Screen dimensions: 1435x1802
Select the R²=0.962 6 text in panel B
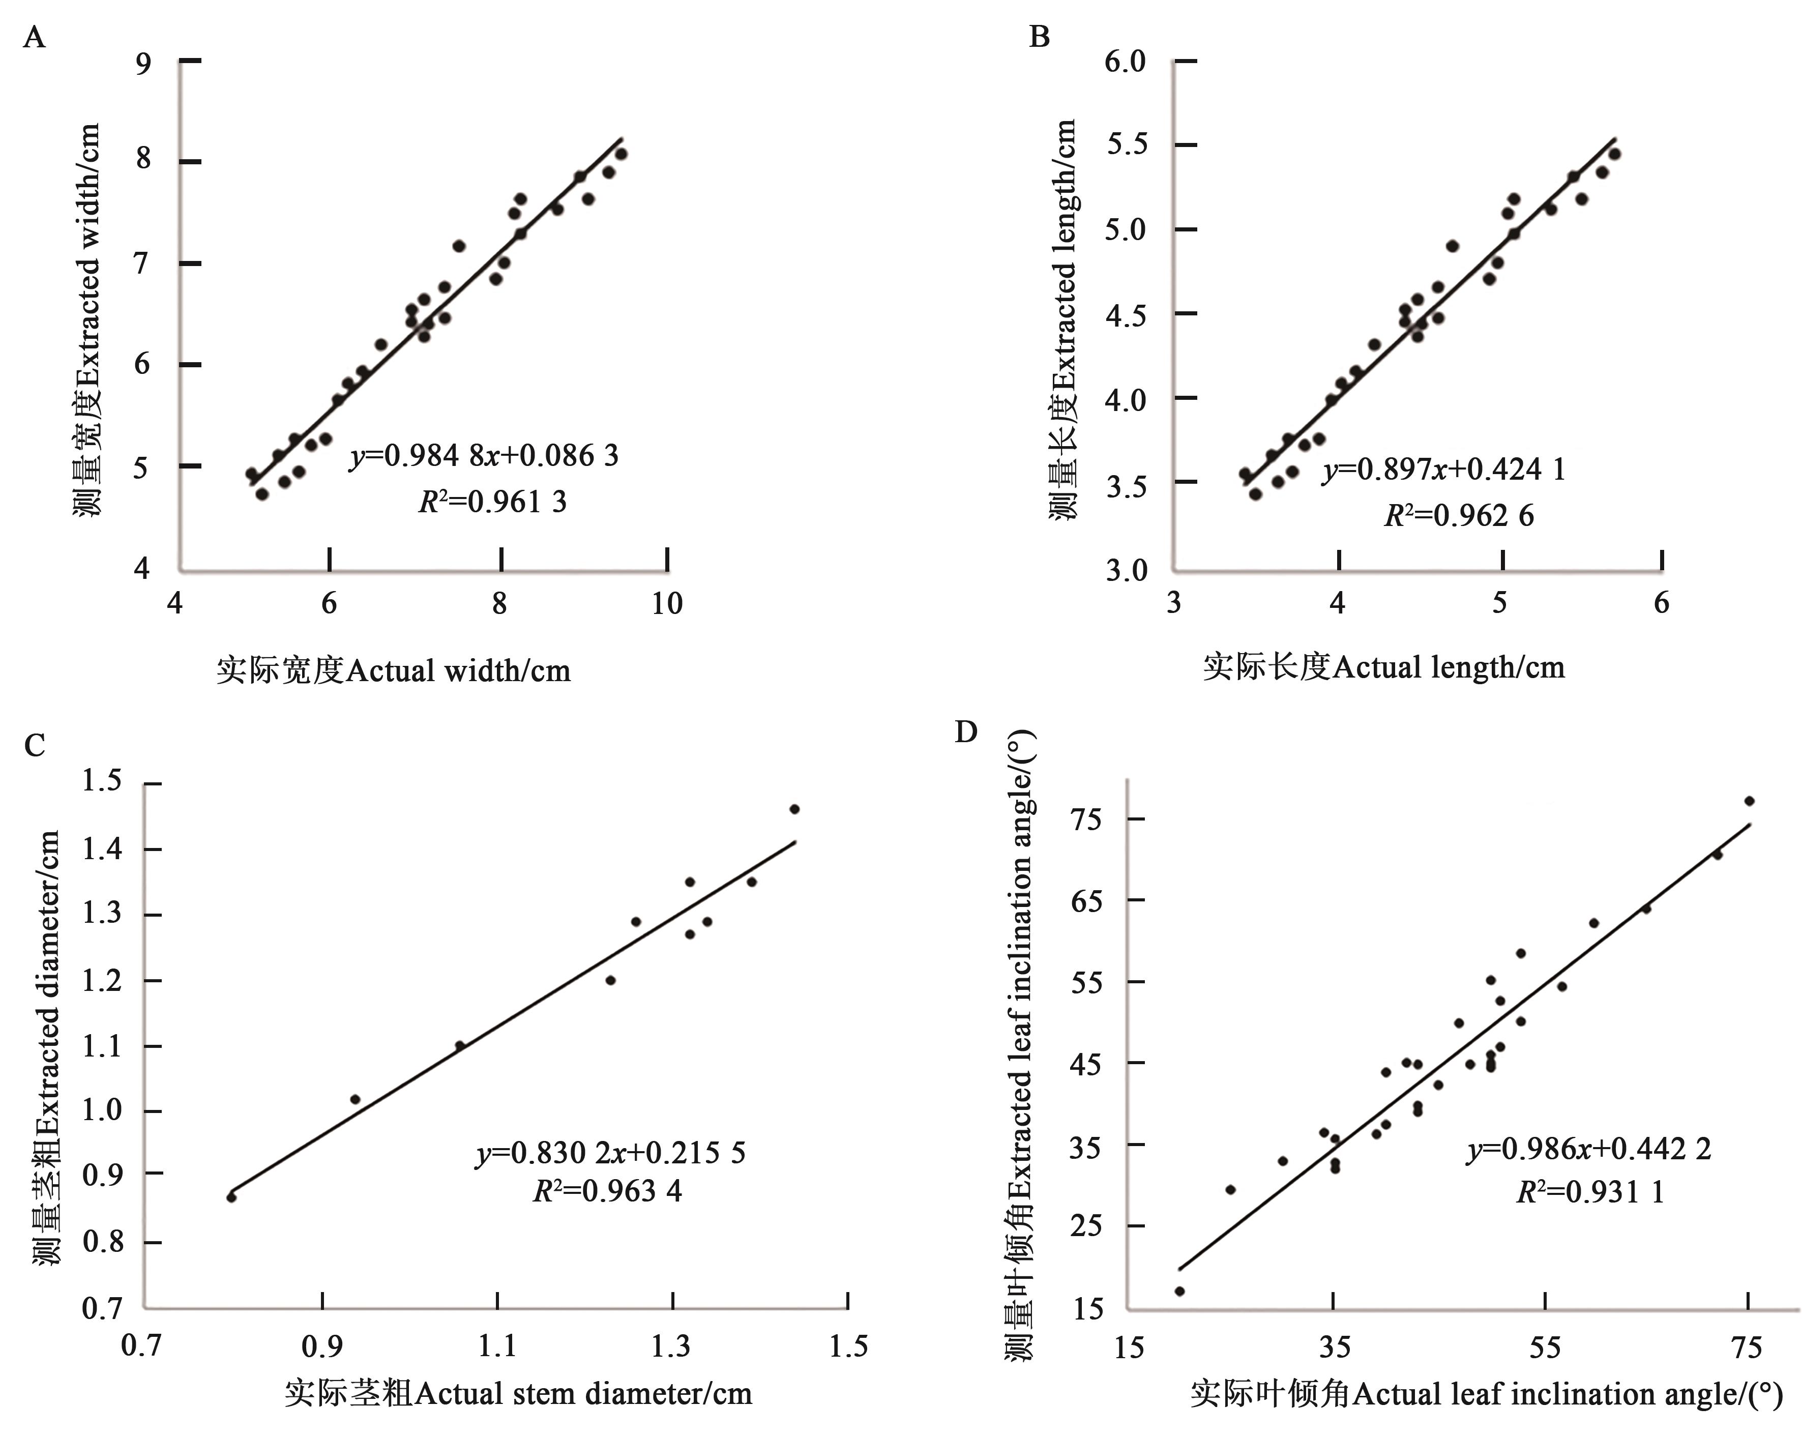click(1459, 516)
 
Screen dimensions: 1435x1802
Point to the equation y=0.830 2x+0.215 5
click(611, 1153)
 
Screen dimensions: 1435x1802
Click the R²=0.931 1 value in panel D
click(1590, 1192)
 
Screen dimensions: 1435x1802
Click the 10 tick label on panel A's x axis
click(666, 603)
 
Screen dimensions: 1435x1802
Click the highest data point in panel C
click(794, 809)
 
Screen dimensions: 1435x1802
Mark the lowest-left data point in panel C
click(231, 1197)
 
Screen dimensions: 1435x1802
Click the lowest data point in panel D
click(1179, 1291)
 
